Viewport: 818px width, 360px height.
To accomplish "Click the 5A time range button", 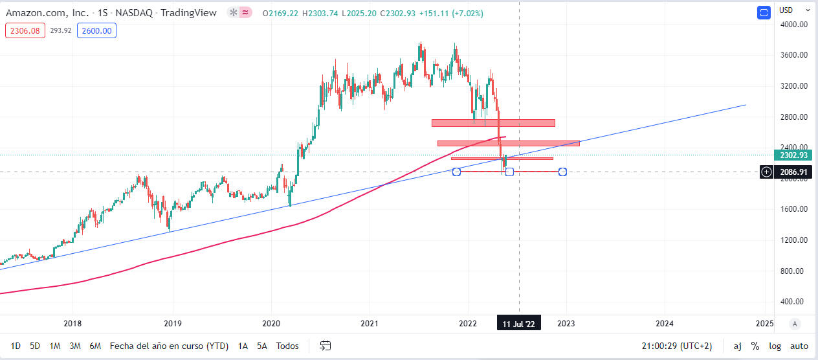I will (261, 346).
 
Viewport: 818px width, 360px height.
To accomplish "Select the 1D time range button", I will (16, 346).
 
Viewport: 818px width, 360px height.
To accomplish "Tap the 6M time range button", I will (95, 346).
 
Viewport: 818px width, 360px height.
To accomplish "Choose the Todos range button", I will (287, 346).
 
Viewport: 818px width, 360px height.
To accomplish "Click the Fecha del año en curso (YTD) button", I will (169, 346).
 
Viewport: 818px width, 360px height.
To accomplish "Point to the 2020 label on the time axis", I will (271, 323).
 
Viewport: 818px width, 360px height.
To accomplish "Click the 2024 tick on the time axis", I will (664, 323).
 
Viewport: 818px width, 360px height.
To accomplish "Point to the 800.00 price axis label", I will (793, 271).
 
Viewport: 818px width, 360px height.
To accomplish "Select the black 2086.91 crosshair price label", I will (793, 172).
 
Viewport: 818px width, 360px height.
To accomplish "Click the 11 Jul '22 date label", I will (519, 323).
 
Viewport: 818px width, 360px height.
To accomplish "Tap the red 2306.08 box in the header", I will (25, 30).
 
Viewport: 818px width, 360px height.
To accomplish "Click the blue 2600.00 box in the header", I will (96, 30).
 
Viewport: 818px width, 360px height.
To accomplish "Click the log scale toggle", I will (775, 346).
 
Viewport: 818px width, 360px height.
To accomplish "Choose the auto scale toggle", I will (799, 346).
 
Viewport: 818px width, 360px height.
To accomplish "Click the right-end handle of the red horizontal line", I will (562, 172).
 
